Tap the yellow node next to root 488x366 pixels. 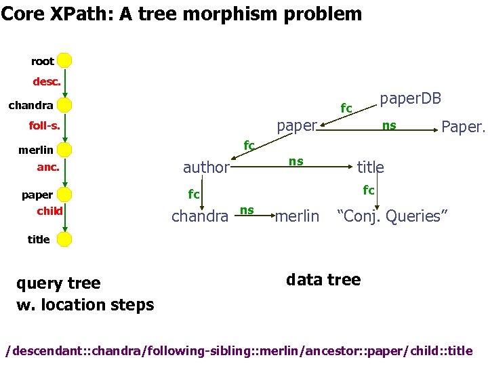(x=64, y=61)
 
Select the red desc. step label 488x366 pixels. (x=47, y=82)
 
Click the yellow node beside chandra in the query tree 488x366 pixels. (x=64, y=105)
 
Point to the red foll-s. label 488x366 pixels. (x=44, y=125)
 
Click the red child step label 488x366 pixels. (x=49, y=211)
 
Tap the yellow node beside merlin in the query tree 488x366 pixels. (x=64, y=150)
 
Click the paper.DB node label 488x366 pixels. (x=410, y=99)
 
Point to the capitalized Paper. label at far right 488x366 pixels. (x=463, y=127)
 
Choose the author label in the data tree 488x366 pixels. (x=206, y=167)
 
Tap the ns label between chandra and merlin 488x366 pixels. (x=247, y=210)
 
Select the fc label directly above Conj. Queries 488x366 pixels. (x=369, y=190)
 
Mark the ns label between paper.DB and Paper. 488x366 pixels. (x=389, y=125)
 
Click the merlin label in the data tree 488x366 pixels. (x=297, y=216)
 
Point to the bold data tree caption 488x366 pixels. (x=323, y=279)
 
